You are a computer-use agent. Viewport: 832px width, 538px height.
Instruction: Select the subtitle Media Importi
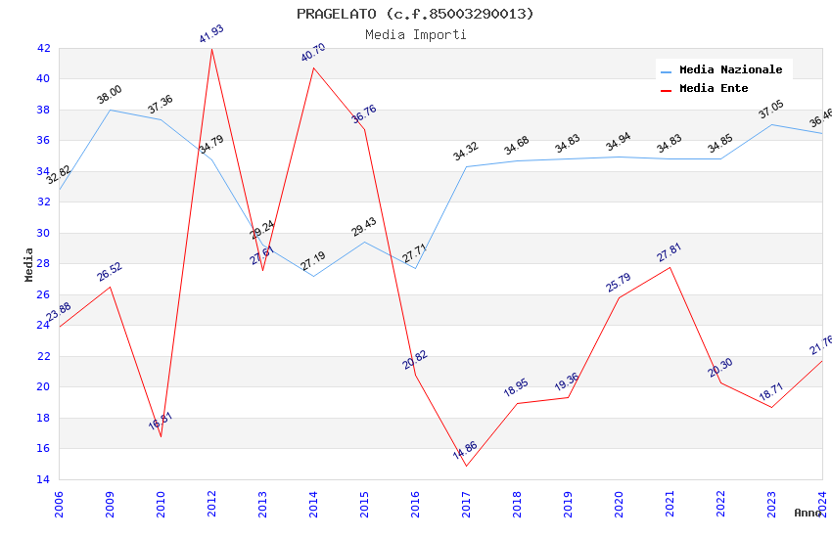(415, 34)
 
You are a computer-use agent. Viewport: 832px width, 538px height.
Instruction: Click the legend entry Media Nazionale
(730, 69)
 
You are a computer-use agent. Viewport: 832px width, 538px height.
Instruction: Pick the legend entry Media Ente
(714, 88)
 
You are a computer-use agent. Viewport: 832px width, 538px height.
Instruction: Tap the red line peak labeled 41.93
(211, 49)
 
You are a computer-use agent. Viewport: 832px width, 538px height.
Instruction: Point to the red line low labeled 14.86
(466, 466)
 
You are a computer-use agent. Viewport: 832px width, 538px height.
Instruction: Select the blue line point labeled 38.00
(110, 110)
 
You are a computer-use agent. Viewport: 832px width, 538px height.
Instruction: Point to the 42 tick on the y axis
(43, 48)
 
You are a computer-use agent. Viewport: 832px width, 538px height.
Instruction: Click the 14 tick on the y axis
(43, 479)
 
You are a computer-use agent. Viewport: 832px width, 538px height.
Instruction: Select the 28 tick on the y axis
(43, 263)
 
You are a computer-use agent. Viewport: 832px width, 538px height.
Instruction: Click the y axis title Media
(29, 264)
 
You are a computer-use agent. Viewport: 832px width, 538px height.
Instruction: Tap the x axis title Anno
(808, 513)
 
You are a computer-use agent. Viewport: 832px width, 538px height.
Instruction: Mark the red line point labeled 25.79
(619, 297)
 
